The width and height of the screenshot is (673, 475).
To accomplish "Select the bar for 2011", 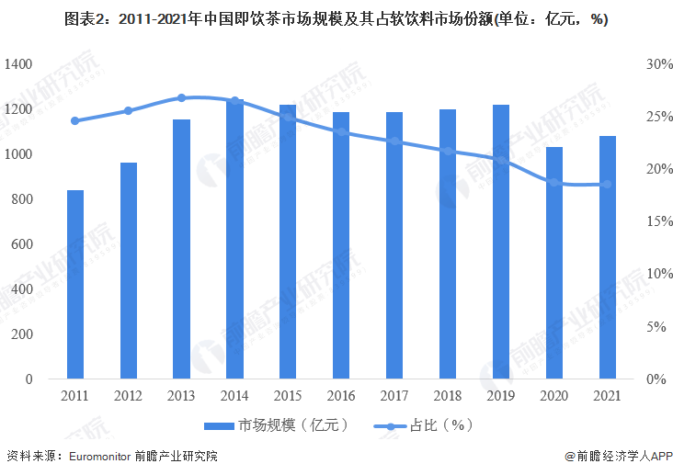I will tap(75, 285).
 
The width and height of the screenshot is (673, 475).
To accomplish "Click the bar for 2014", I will tap(234, 239).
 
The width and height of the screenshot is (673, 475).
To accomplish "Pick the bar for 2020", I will tap(554, 263).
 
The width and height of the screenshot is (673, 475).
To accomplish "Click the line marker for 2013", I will tap(181, 97).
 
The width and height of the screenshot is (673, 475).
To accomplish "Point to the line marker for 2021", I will tap(608, 185).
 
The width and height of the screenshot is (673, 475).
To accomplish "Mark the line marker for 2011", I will tap(75, 120).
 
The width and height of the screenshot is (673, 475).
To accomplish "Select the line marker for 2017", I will tap(394, 141).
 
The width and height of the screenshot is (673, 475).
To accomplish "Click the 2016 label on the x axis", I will tap(341, 396).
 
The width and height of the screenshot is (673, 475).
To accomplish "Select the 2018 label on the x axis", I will tap(448, 396).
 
